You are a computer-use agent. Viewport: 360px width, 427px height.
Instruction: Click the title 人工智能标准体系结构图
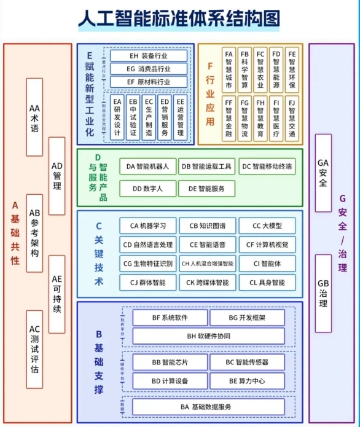(179, 19)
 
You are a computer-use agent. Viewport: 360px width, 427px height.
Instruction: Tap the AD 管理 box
(57, 176)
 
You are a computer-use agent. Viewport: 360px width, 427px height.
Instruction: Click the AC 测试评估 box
(35, 349)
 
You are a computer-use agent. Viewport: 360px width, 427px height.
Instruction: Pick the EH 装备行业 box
(149, 56)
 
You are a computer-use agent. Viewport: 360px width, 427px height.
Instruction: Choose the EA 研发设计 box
(117, 117)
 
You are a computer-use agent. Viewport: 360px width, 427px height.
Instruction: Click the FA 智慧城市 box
(229, 69)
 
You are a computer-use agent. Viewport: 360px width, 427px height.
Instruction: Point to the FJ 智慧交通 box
(292, 117)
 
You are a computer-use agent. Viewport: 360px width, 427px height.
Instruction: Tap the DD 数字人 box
(146, 189)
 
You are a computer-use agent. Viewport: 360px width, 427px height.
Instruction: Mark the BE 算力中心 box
(247, 381)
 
